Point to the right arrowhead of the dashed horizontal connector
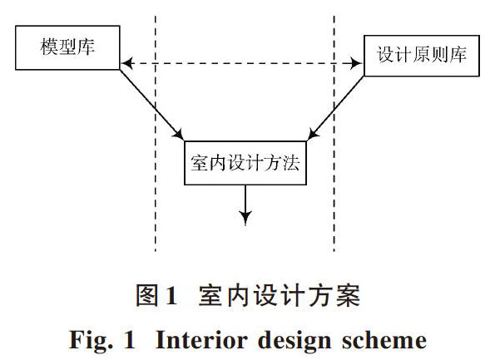tap(356, 63)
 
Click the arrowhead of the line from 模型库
tap(179, 135)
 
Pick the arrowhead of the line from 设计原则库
tap(313, 134)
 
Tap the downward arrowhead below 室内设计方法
tap(245, 218)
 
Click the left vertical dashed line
tap(156, 133)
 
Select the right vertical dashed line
tap(334, 133)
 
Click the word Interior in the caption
tap(201, 340)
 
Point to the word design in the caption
tap(294, 341)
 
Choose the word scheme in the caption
tap(384, 340)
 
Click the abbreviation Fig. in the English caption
tap(91, 341)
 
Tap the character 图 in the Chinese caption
tap(147, 295)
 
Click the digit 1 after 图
tap(171, 296)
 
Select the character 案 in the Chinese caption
tap(348, 295)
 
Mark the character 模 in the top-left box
tap(49, 47)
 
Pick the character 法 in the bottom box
tap(290, 163)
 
